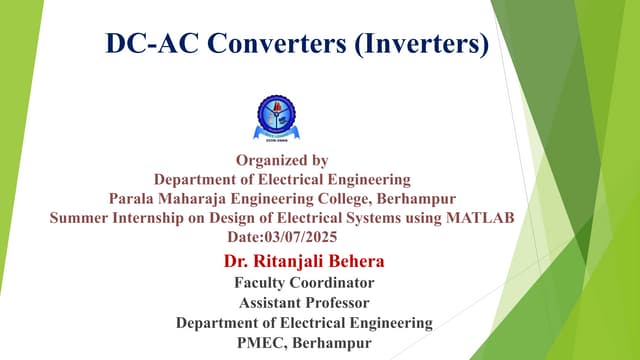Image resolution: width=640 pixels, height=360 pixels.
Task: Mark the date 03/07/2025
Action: pos(302,238)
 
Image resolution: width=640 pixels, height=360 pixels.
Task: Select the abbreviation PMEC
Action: pos(258,343)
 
